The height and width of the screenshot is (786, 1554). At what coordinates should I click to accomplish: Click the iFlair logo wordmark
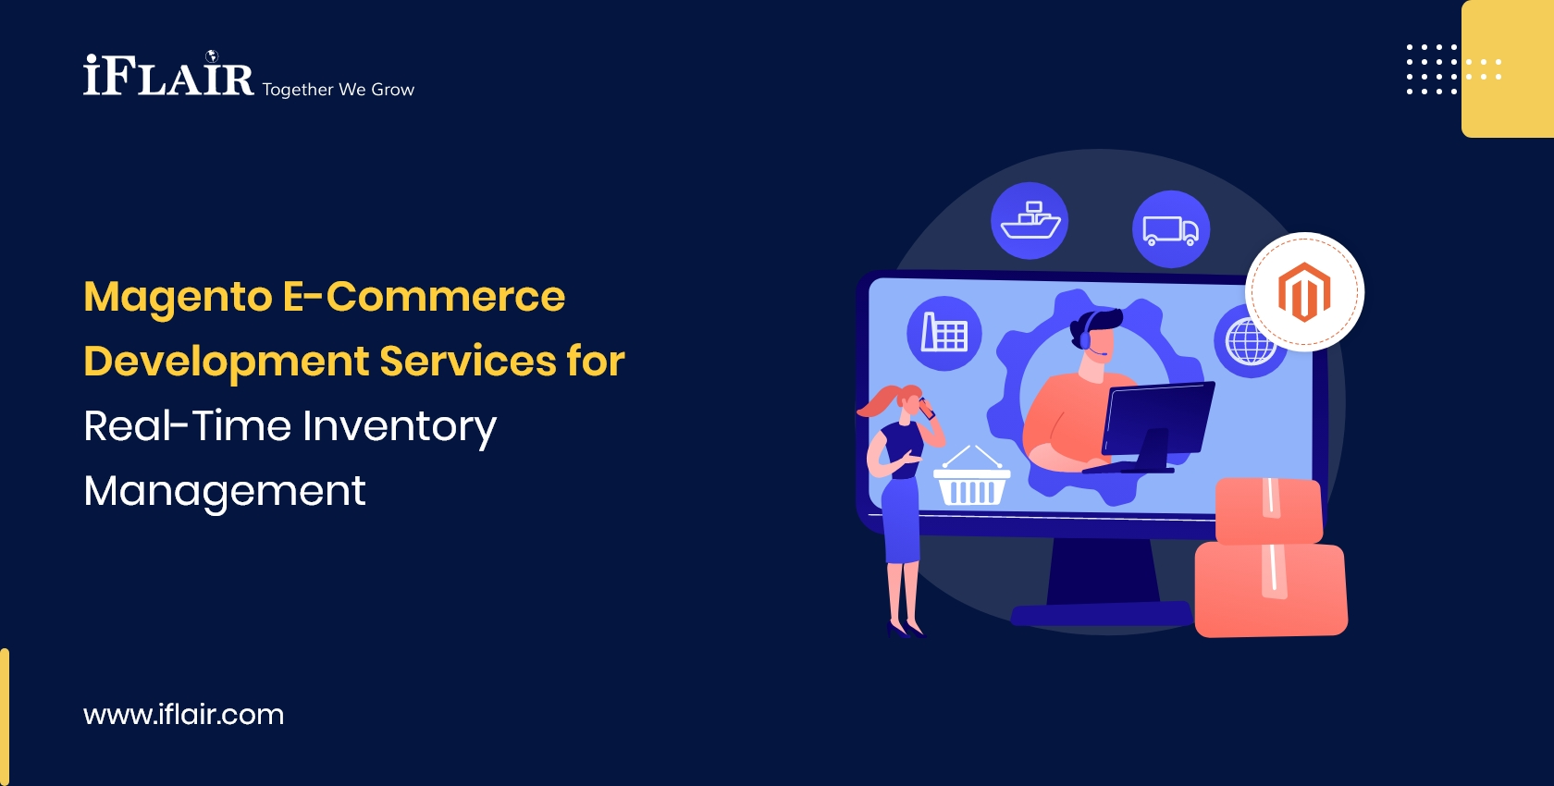[168, 77]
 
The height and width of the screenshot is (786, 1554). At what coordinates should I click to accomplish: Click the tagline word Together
[297, 90]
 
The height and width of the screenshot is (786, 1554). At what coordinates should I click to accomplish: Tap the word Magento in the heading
[178, 298]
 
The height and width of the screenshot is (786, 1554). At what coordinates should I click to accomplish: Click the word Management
[225, 491]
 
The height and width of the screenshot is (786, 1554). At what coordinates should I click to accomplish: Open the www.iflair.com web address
[183, 715]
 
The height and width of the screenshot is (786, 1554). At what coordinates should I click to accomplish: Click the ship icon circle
[1030, 221]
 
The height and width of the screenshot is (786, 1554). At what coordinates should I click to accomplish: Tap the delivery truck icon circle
[1171, 229]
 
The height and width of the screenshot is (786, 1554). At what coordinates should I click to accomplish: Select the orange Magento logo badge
[1304, 291]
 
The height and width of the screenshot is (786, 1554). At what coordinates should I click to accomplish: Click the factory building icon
[943, 333]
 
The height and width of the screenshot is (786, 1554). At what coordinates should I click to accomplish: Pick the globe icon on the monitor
[1249, 343]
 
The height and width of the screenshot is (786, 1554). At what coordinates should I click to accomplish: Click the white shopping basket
[971, 481]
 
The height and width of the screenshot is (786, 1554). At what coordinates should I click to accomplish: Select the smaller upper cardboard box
[1268, 510]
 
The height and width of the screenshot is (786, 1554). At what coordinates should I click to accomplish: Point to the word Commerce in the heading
[445, 298]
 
